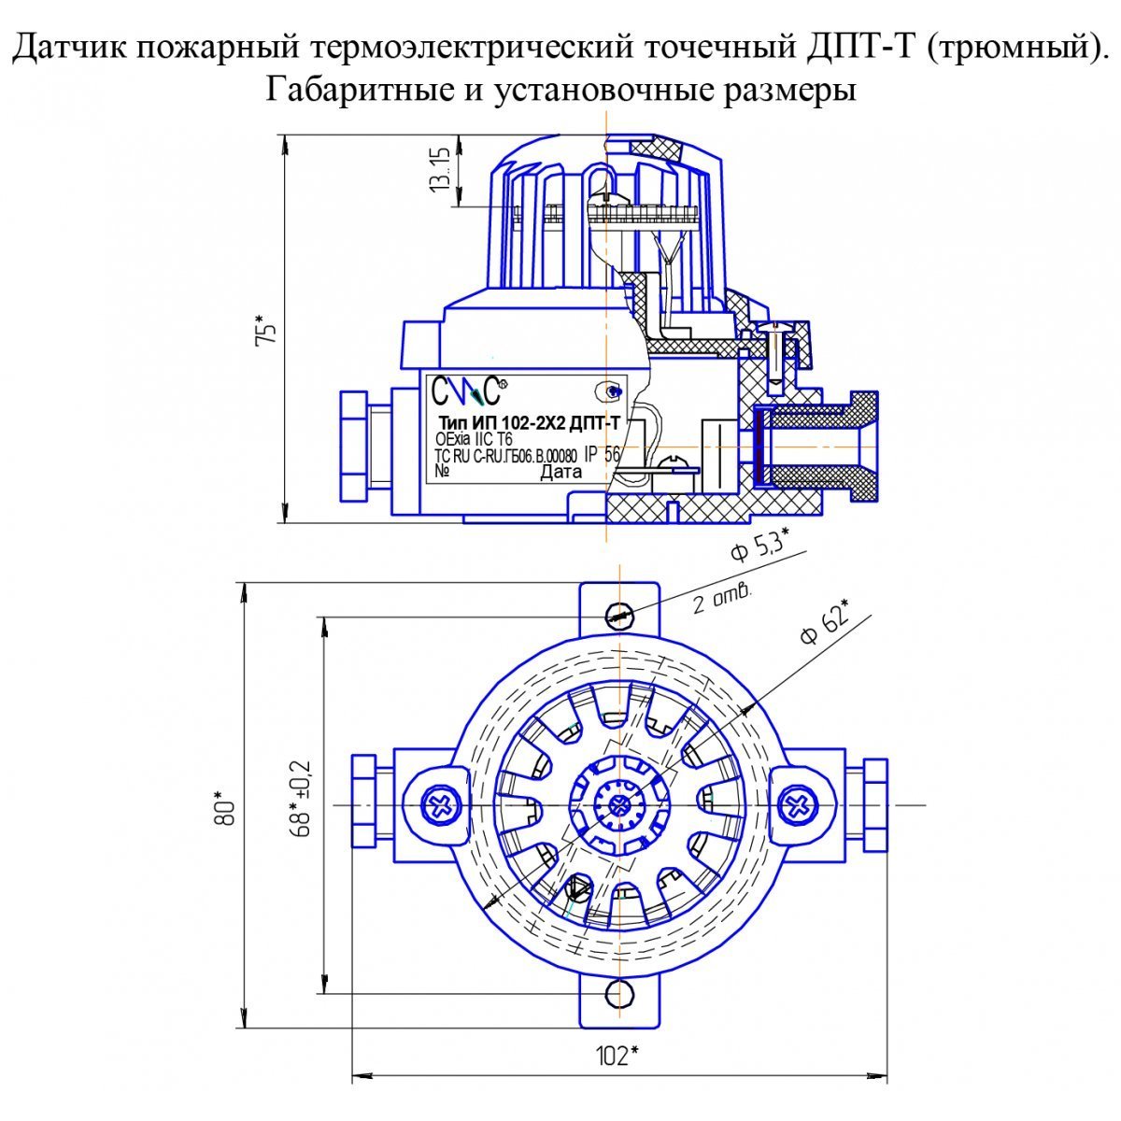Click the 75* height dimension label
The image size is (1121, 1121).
coord(267,332)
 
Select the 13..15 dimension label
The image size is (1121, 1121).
coord(440,169)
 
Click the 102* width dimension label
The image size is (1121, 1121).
coord(617,1056)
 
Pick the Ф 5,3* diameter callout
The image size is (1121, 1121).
coord(759,544)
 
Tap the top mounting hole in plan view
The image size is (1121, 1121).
coord(619,613)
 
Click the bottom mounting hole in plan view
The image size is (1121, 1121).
coord(619,993)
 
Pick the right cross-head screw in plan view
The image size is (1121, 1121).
coord(799,804)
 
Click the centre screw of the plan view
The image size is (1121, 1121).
coord(617,805)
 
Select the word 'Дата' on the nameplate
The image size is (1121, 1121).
coord(560,472)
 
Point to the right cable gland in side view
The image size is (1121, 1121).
coord(822,437)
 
